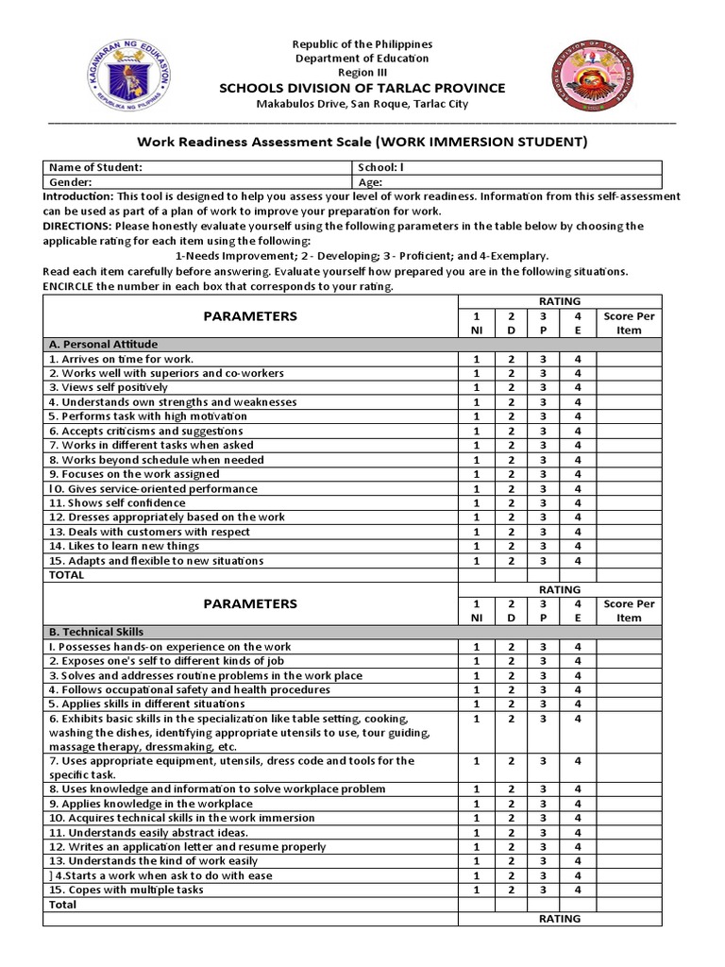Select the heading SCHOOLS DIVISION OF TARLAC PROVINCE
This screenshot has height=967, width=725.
coord(362,88)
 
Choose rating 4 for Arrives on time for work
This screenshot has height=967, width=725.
coord(578,359)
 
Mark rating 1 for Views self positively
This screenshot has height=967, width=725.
coord(477,387)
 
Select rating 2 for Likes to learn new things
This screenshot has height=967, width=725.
coord(511,547)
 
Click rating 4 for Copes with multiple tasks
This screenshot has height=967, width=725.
coord(578,890)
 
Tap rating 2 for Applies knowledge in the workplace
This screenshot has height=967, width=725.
coord(511,804)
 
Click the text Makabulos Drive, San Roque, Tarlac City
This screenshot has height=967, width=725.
coord(362,104)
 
